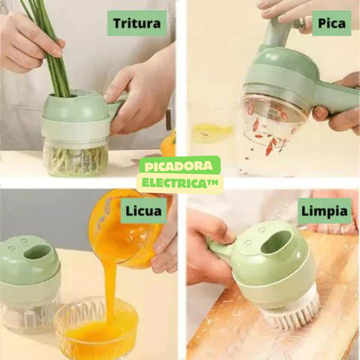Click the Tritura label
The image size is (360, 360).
[137, 23]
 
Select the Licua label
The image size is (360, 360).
[144, 210]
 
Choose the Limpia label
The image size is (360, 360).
[324, 210]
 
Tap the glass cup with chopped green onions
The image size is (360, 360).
[75, 156]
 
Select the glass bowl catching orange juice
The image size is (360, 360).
[95, 325]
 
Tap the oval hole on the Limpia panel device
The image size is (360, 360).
[276, 241]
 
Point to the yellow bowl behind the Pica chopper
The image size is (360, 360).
[212, 132]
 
